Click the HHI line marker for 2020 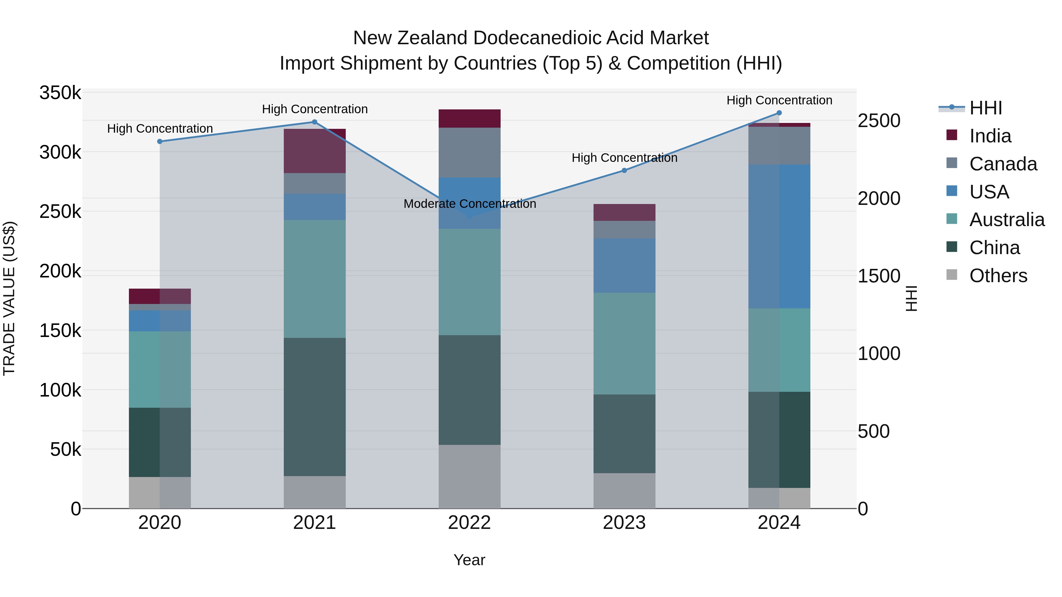tap(160, 141)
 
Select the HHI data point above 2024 tap(779, 113)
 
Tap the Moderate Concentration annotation tap(470, 204)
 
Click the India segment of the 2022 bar tap(470, 119)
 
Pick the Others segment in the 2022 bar tap(470, 476)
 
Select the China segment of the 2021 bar tap(314, 407)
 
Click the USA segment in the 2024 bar tap(779, 236)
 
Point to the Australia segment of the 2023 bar tap(624, 344)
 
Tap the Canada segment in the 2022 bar tap(470, 153)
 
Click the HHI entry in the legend tap(985, 108)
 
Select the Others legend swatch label tap(998, 276)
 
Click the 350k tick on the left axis tap(60, 93)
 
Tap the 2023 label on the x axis tap(624, 523)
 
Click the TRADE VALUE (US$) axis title tap(9, 298)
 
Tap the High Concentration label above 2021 tap(314, 109)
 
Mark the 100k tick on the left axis tap(60, 390)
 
